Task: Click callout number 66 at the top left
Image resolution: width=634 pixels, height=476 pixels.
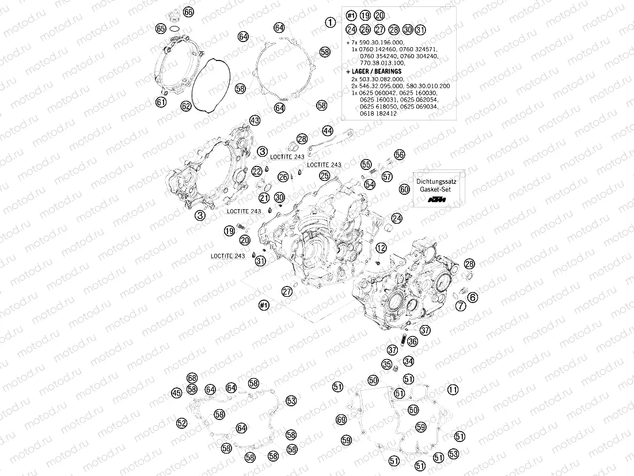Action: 188,12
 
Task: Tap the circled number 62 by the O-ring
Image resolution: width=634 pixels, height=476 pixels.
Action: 185,106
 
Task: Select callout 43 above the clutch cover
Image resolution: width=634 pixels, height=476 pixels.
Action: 255,120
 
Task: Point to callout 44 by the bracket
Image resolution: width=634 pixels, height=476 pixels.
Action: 328,131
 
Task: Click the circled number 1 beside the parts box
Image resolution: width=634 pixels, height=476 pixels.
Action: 330,22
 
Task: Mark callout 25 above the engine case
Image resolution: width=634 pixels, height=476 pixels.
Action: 325,175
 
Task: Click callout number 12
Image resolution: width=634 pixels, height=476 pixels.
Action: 381,248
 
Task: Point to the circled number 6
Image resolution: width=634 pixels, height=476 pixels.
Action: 472,297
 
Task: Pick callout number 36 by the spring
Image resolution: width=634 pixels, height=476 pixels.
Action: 412,342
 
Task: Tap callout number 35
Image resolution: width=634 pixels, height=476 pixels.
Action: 387,364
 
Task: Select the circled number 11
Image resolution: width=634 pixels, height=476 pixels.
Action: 453,390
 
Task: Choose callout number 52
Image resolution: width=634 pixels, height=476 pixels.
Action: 182,423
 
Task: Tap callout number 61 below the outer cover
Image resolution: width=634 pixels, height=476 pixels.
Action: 161,103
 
